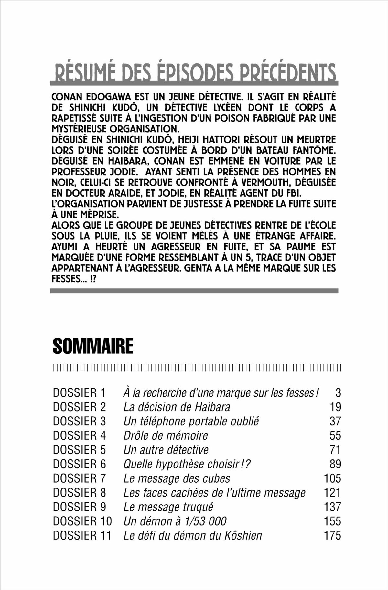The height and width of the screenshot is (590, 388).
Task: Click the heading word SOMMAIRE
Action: point(93,346)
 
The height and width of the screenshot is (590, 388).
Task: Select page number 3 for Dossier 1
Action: point(338,393)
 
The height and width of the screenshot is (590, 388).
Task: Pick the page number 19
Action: point(335,407)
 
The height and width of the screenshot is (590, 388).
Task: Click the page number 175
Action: point(332,535)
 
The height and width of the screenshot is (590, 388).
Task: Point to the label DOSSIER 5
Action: point(79,450)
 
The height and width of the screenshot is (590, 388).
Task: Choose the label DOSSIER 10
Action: point(82,521)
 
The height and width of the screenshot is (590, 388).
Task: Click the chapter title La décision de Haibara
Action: point(177,407)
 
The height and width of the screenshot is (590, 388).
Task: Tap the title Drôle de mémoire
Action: point(166,435)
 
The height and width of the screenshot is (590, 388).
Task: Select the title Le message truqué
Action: point(168,507)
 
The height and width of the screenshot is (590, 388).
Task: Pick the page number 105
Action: point(332,478)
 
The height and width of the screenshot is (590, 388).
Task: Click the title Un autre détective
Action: point(166,450)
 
